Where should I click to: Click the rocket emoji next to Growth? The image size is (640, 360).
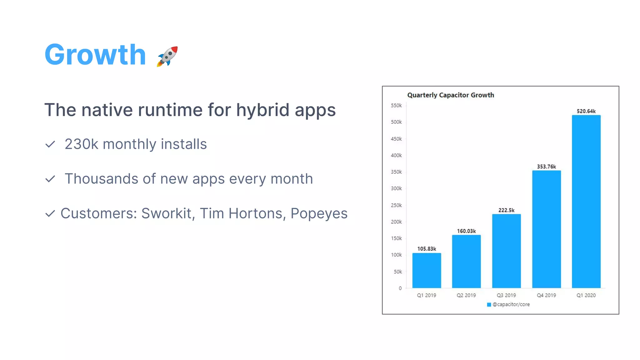[x=167, y=56]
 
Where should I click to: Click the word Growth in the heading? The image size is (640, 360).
[x=95, y=55]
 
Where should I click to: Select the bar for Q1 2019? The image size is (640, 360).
[x=427, y=270]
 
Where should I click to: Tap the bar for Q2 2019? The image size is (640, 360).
[x=466, y=261]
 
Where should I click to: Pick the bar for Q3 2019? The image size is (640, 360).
[x=506, y=251]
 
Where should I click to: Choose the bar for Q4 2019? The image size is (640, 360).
[x=546, y=229]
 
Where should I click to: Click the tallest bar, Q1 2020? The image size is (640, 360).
[x=586, y=202]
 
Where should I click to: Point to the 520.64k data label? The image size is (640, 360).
[x=586, y=111]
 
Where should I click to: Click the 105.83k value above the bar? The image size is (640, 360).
[x=427, y=249]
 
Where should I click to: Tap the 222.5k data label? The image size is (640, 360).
[x=506, y=210]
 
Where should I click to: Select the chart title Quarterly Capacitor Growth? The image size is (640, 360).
[x=451, y=95]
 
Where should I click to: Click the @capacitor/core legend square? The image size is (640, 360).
[x=489, y=305]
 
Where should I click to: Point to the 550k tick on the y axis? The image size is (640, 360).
[x=396, y=106]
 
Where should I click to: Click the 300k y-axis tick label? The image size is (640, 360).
[x=396, y=188]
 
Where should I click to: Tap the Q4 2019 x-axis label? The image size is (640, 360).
[x=546, y=295]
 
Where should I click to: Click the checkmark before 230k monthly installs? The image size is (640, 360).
[x=50, y=144]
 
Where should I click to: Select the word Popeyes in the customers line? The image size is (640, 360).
[x=319, y=213]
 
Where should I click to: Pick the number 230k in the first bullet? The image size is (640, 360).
[x=81, y=144]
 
